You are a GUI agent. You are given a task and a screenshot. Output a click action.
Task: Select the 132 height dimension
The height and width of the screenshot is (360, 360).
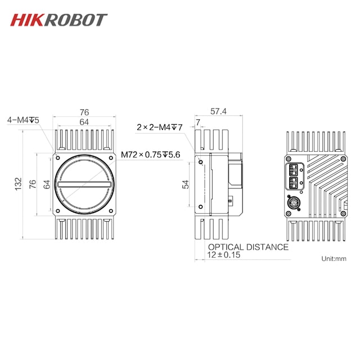point(19,183)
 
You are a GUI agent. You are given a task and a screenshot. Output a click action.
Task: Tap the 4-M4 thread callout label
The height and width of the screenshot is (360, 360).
point(23,120)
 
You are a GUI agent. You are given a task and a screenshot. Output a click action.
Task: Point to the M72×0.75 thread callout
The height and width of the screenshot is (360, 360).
point(150,155)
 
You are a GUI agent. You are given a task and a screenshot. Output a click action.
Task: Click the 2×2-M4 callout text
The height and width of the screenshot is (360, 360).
point(160,127)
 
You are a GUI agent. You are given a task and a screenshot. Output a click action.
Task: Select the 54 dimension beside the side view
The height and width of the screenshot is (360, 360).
point(186,184)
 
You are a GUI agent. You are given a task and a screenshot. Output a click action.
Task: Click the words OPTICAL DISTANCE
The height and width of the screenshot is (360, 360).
point(248,247)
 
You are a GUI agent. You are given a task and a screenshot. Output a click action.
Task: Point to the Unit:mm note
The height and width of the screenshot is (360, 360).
point(334,259)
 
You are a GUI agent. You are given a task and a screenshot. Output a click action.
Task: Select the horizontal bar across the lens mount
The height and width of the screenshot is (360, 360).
point(83,184)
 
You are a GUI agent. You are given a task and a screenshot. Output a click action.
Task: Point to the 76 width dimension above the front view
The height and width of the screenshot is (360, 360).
point(84,112)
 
